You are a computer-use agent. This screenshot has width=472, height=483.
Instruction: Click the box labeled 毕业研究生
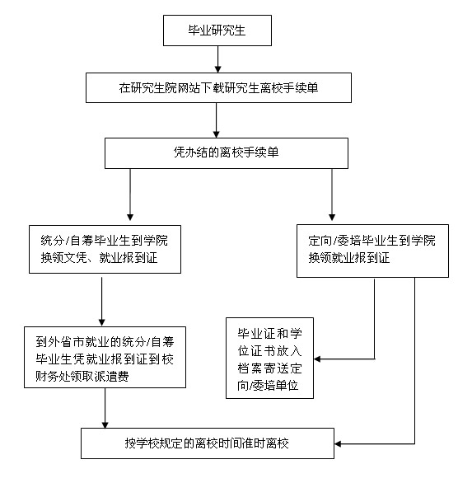point(217,30)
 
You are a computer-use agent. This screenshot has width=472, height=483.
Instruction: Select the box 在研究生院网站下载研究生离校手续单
point(218,88)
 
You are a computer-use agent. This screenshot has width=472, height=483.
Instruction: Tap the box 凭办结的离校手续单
point(227,153)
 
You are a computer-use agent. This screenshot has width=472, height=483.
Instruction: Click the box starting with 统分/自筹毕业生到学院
point(105,249)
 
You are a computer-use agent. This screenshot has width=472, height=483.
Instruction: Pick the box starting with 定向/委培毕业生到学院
point(372,251)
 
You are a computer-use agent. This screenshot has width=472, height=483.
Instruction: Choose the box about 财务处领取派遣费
point(105,358)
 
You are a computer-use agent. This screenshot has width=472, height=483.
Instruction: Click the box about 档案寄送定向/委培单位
point(269,359)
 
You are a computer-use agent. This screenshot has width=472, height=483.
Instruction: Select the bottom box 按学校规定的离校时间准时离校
point(208,443)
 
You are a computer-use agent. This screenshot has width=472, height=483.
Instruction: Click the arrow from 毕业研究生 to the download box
point(217,59)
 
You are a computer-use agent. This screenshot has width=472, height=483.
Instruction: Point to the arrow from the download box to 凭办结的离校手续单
point(216,120)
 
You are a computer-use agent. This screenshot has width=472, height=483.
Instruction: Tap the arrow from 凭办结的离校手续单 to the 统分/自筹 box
point(130,195)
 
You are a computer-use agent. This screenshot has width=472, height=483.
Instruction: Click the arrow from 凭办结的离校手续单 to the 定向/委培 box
point(332,195)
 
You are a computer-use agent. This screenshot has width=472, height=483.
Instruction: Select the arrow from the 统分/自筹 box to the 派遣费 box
point(101,302)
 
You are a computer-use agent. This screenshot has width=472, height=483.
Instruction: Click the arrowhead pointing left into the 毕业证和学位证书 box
point(317,359)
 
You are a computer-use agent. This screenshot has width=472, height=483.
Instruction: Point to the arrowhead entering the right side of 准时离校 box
point(338,444)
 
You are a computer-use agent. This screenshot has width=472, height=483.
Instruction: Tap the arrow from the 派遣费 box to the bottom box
point(105,408)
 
